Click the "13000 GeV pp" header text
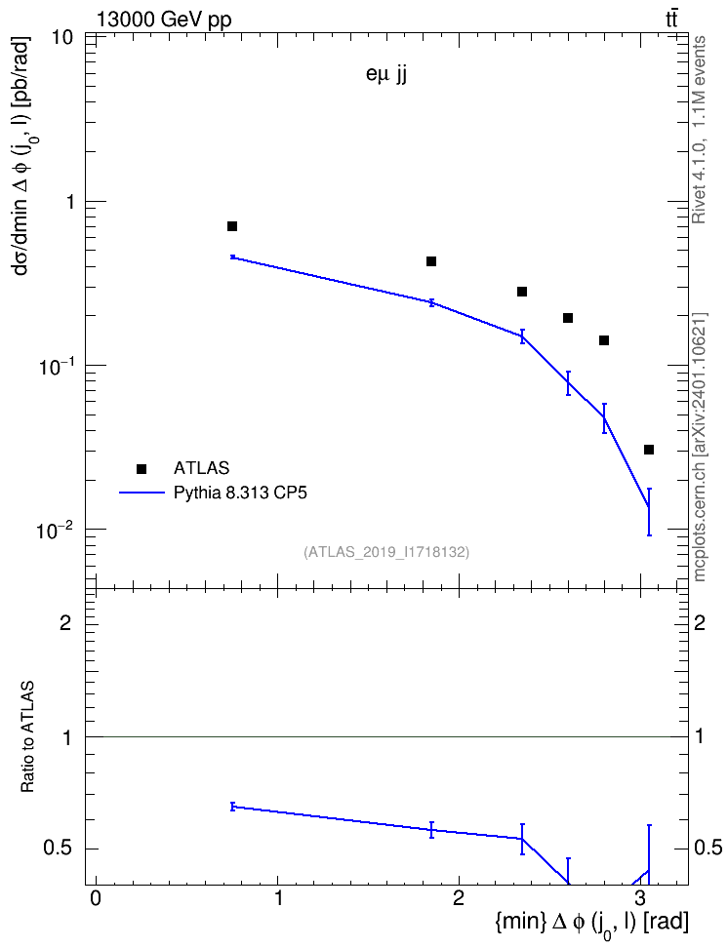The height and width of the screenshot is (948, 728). click(164, 20)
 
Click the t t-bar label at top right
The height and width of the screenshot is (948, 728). click(671, 20)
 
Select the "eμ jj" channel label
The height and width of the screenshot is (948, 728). click(386, 76)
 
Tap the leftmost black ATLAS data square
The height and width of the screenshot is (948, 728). click(232, 226)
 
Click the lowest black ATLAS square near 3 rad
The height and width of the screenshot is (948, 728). click(649, 450)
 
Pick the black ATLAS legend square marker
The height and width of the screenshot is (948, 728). click(141, 468)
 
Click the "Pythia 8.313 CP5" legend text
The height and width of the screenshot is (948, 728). click(240, 493)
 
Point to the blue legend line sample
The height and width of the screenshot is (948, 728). click(142, 493)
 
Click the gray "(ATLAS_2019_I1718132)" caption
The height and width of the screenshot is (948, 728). click(386, 551)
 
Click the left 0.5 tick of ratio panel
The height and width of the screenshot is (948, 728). click(60, 849)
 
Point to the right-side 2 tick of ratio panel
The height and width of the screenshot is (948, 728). click(700, 622)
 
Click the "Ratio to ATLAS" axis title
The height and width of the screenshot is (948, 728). click(27, 737)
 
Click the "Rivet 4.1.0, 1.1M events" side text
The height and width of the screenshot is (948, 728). click(699, 130)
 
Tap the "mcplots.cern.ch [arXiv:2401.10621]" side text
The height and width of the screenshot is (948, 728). click(700, 447)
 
